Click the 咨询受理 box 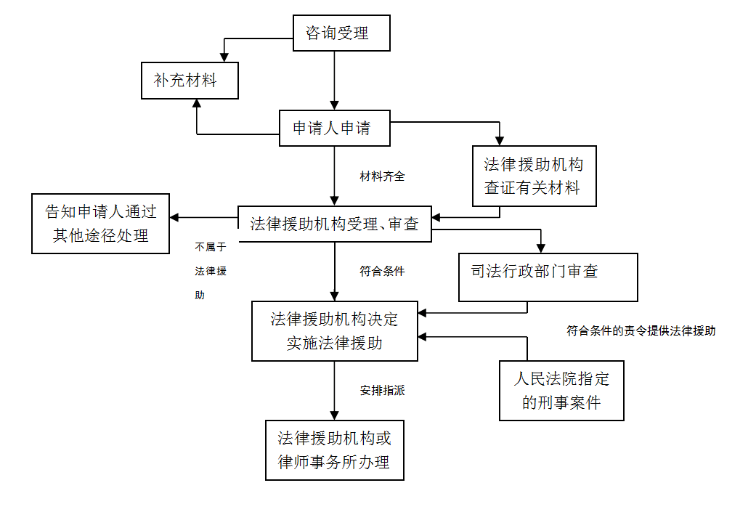coord(341,33)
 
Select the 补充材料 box coord(189,80)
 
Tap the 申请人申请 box coord(335,129)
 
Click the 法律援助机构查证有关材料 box coord(535,176)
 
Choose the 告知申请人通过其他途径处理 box coord(100,224)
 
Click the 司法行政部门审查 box coord(548,277)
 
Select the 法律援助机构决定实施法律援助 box coord(335,330)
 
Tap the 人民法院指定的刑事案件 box coord(561,390)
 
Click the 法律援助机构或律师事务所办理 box coord(335,450)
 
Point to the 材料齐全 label coord(382,176)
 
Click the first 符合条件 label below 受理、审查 coord(382,272)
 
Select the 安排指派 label coord(382,391)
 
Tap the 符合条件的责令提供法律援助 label coord(641,330)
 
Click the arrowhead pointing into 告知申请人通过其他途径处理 coord(175,217)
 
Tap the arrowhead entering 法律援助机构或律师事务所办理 coord(334,415)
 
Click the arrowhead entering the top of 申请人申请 coord(334,105)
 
